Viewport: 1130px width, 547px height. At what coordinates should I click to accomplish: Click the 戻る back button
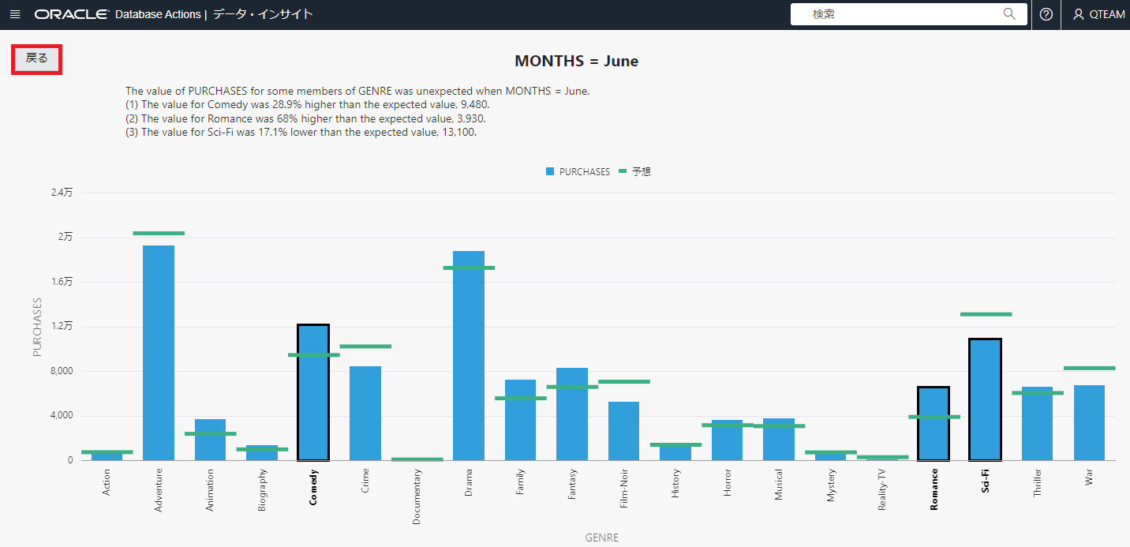pos(37,59)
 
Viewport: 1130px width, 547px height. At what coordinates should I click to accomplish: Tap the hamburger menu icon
pos(15,14)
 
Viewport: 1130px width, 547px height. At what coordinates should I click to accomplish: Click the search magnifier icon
pos(1009,14)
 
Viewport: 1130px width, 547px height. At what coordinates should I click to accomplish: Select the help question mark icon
pos(1046,14)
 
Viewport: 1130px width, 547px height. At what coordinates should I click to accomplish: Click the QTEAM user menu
pos(1098,14)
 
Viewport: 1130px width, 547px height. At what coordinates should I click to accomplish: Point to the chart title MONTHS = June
pos(576,61)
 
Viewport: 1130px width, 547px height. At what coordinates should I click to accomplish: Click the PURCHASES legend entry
pos(578,171)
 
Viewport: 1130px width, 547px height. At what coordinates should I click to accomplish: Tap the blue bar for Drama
pos(469,355)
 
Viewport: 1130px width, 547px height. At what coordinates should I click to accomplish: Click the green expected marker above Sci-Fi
pos(986,314)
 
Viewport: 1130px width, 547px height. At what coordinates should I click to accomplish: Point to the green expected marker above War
pos(1089,368)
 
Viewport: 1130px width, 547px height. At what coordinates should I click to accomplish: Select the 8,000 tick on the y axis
pos(61,371)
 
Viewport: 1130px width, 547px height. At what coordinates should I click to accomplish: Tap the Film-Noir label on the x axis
pos(623,489)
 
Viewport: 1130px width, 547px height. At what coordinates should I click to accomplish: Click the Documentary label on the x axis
pos(417,496)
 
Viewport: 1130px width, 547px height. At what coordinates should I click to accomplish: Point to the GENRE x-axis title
pos(601,538)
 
